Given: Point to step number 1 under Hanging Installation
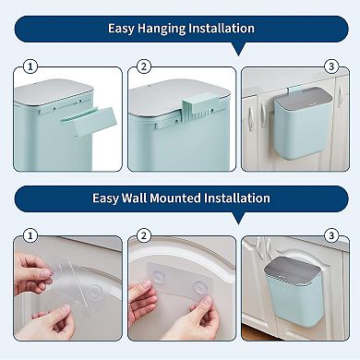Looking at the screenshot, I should tap(30, 66).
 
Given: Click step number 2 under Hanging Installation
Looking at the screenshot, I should tap(143, 66).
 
